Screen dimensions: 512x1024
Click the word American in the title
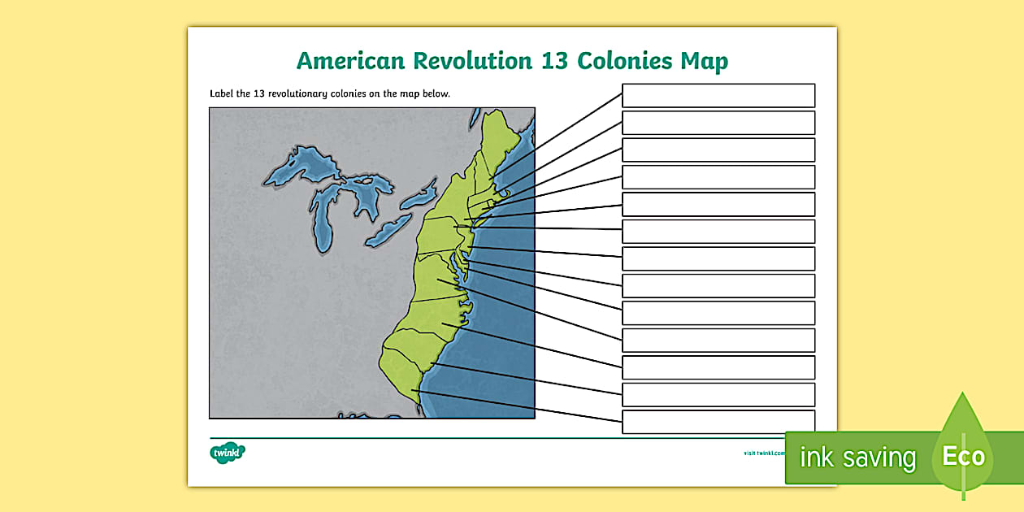click(351, 61)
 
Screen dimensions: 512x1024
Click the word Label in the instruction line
click(221, 93)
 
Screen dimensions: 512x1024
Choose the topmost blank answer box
click(718, 95)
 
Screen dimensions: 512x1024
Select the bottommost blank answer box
click(718, 422)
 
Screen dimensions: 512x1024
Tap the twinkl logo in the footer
click(228, 451)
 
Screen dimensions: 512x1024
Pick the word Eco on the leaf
click(964, 456)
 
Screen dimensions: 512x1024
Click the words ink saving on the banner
click(857, 458)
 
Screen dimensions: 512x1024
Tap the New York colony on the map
click(455, 195)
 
